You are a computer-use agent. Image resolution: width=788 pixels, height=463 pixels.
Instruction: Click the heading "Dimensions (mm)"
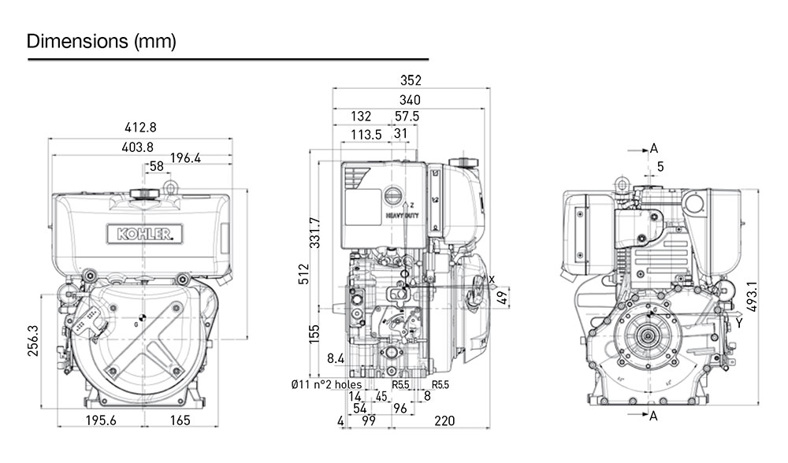[x=101, y=41]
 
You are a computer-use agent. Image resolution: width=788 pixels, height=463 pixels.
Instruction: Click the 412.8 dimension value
[x=140, y=128]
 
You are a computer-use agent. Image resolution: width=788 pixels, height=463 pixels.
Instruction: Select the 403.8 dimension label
[x=138, y=147]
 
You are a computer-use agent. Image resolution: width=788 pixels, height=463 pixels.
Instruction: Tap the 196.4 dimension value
[x=186, y=158]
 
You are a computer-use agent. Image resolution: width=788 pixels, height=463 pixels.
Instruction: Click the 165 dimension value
[x=180, y=420]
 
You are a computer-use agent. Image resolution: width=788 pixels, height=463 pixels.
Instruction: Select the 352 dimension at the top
[x=411, y=80]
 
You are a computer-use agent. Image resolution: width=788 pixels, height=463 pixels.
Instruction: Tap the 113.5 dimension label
[x=366, y=135]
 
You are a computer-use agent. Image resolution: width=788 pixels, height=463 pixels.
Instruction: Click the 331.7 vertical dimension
[x=314, y=232]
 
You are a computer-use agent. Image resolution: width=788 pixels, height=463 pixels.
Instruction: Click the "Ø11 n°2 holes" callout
[x=325, y=385]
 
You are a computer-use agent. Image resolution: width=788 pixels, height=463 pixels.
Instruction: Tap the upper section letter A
[x=653, y=148]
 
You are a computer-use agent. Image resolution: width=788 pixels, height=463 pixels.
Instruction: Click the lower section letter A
[x=653, y=417]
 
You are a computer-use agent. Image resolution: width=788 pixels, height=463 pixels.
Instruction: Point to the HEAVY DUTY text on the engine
[x=402, y=214]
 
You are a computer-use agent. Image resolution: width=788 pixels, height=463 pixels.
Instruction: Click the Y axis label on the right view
[x=738, y=322]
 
